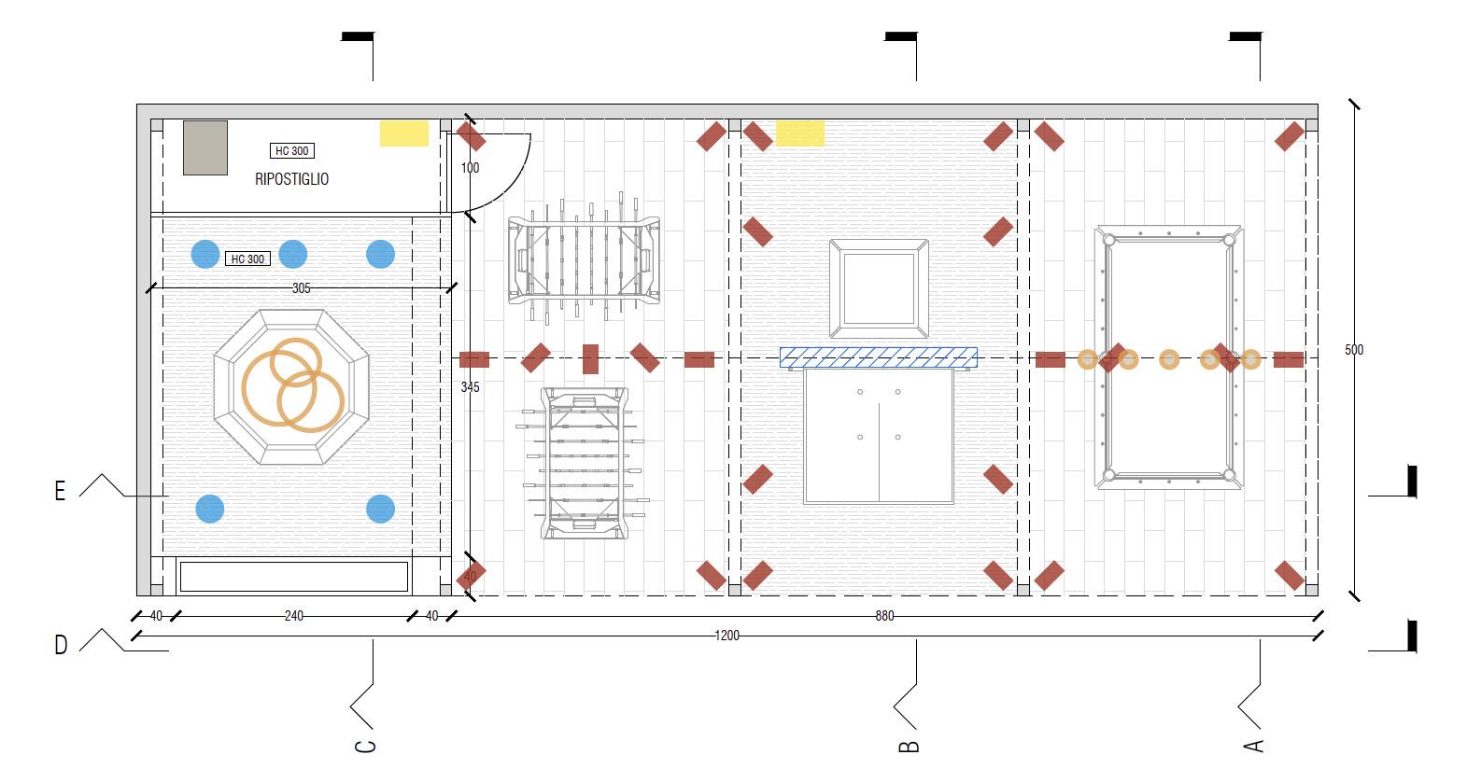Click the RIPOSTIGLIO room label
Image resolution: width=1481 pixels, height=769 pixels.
291,179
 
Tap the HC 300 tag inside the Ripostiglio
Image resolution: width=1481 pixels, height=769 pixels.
292,150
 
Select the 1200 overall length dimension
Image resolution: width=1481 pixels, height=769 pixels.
726,636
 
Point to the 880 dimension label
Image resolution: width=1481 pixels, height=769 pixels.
884,616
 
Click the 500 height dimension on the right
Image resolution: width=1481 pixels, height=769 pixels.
1354,350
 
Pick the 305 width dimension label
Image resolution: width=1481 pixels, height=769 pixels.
301,288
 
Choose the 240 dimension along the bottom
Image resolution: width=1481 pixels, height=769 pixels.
293,616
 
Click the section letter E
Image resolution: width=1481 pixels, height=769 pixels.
60,492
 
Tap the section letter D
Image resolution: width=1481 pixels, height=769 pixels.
61,645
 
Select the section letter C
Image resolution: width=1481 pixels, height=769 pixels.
366,746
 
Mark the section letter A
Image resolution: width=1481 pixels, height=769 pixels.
1254,746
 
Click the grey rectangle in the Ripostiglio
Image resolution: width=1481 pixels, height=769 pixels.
205,147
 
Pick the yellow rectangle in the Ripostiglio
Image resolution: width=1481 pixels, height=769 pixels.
403,133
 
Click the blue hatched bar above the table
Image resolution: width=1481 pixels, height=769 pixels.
879,357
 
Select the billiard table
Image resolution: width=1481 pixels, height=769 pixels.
1169,357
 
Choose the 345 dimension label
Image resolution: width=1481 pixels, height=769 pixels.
470,386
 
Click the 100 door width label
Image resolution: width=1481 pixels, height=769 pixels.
470,168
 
